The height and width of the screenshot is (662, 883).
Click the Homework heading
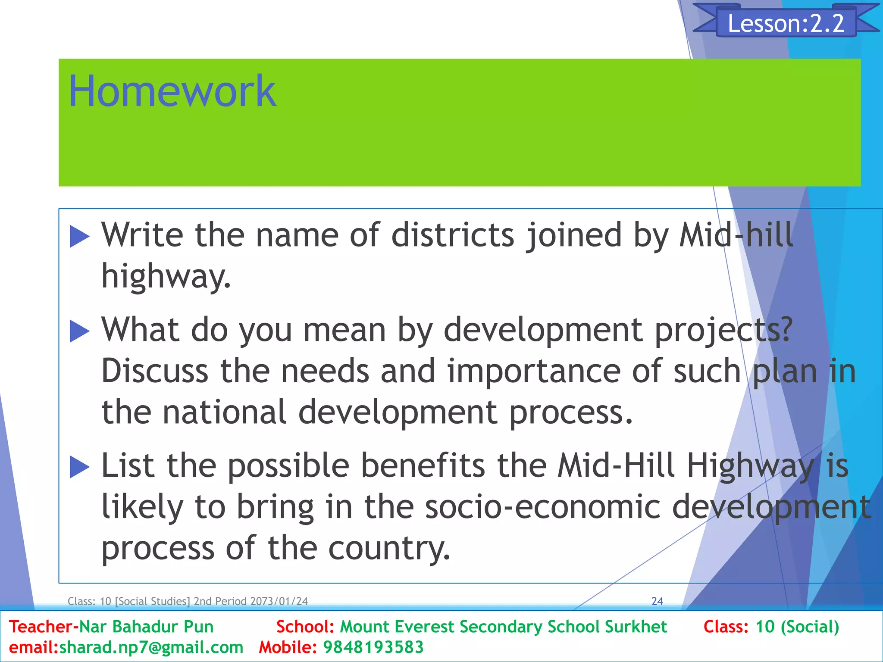[x=172, y=91]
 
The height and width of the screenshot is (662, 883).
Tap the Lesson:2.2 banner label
[x=786, y=23]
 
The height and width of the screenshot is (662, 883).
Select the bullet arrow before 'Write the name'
[x=79, y=237]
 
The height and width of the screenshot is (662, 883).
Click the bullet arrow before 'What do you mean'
[x=79, y=331]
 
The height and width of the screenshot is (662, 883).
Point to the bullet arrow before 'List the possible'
[x=79, y=467]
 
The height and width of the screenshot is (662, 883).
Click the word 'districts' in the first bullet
[x=453, y=235]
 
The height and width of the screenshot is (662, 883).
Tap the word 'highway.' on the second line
[x=166, y=276]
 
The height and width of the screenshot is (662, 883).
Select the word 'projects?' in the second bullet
[x=723, y=330]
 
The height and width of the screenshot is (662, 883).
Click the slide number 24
[x=657, y=601]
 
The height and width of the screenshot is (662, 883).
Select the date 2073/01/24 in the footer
[x=279, y=601]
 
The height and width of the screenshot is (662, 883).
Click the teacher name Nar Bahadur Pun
[x=147, y=627]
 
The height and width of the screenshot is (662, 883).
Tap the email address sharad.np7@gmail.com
[x=151, y=647]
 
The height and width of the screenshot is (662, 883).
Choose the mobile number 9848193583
[x=373, y=647]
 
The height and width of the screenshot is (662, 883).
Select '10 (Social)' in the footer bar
[x=797, y=627]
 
